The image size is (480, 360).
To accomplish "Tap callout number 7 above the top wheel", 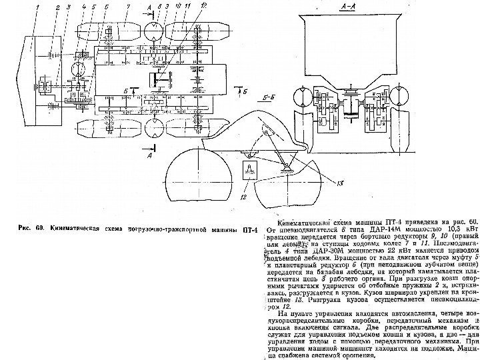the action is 107,7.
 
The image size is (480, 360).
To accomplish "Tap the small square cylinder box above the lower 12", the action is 249,169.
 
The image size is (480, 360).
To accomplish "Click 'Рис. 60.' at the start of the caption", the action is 31,228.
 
